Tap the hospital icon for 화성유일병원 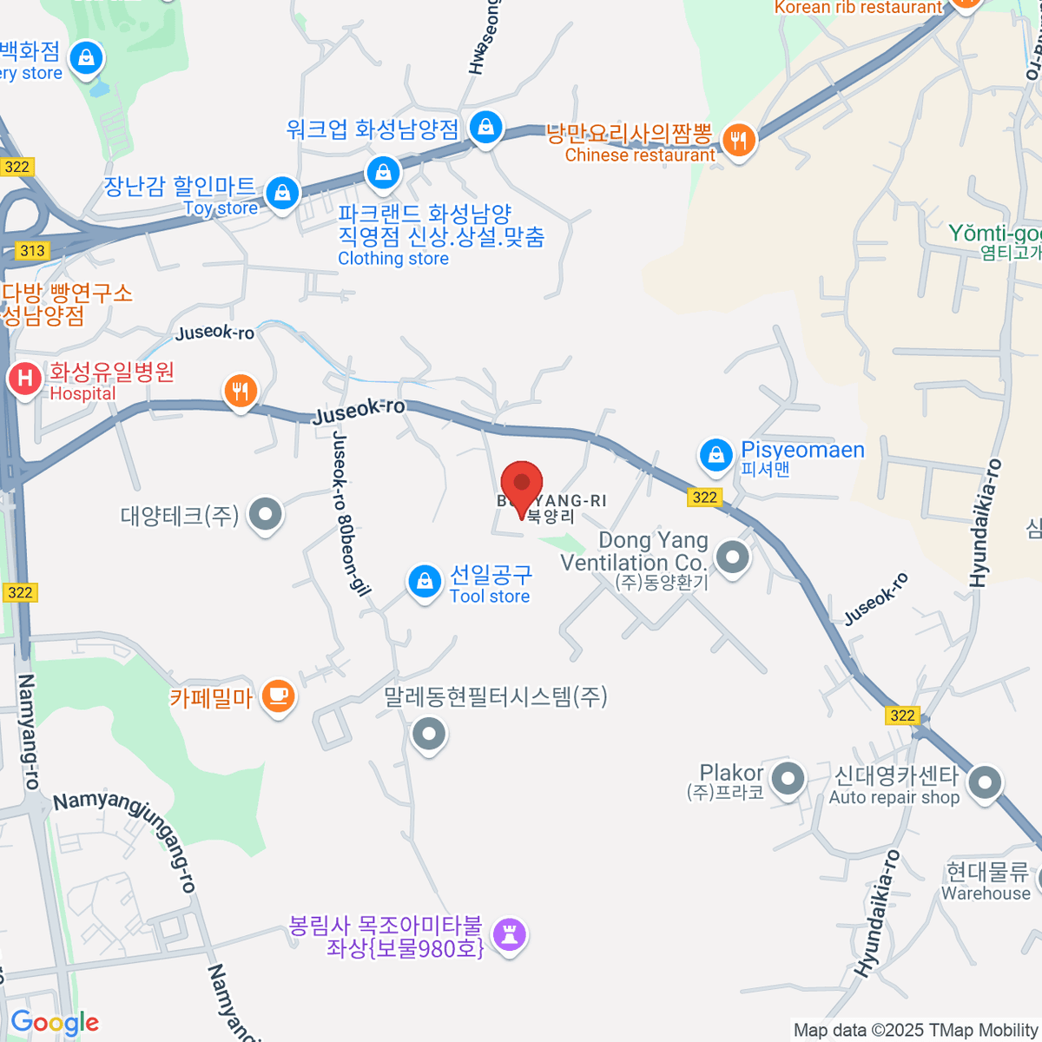pos(25,379)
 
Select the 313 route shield pos(32,251)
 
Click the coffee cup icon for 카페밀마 pos(278,696)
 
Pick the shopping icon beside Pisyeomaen pos(716,455)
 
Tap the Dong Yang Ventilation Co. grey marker pos(733,557)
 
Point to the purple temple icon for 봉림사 pos(509,934)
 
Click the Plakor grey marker pos(788,779)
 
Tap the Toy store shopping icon pos(282,193)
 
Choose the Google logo pos(55,1023)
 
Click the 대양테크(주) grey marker pos(265,514)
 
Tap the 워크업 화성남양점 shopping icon pos(485,128)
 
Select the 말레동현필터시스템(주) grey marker pos(428,735)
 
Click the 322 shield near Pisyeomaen pos(704,498)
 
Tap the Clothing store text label pos(393,259)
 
